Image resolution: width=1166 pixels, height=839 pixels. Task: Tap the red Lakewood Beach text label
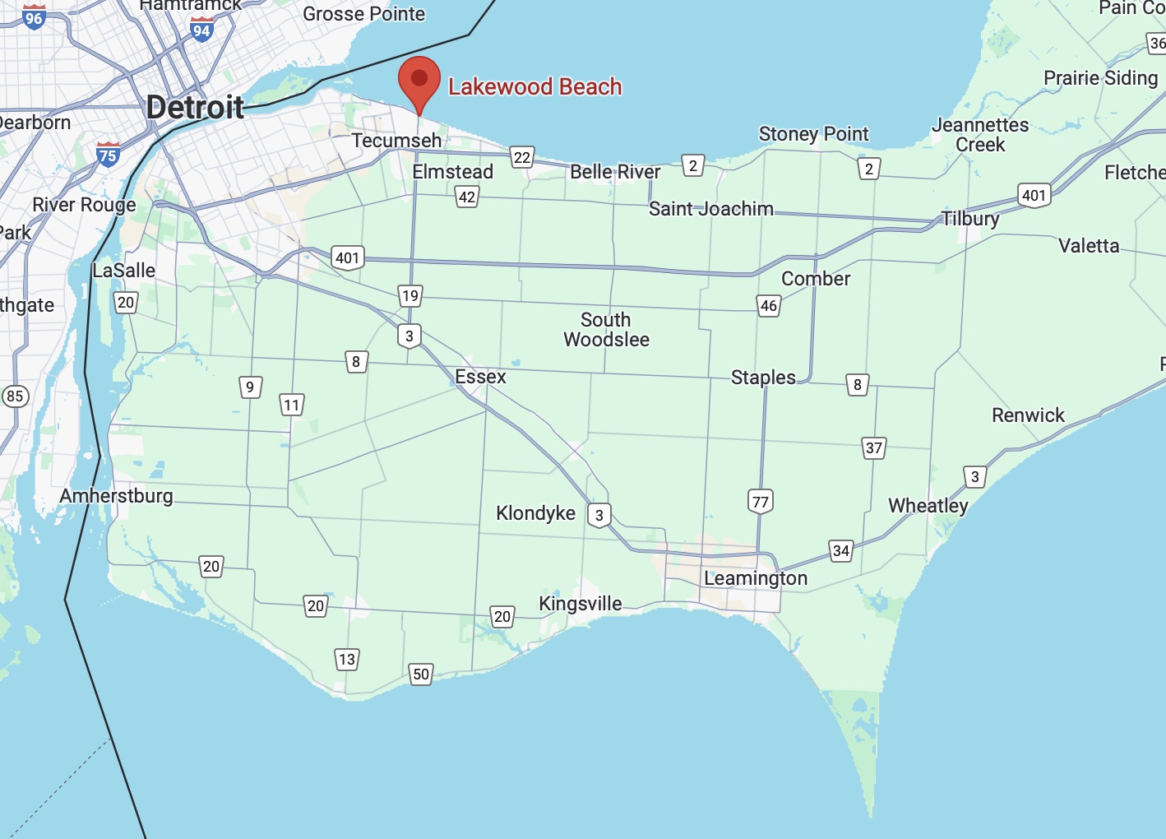534,86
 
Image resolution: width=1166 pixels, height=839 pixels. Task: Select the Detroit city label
195,107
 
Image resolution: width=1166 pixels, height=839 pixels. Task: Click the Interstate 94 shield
201,30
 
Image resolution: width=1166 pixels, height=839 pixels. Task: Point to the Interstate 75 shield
108,154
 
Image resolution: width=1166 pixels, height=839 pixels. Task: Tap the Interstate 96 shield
34,17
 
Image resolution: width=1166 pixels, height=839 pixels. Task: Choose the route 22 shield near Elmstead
522,157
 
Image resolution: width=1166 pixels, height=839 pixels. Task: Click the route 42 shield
467,197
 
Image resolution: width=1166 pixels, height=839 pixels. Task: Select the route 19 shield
410,295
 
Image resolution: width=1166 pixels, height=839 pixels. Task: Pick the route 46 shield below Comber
769,306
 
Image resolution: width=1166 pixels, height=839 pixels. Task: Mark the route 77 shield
761,502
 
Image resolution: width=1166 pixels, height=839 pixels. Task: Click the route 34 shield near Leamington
840,550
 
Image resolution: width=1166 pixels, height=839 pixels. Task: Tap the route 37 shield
874,447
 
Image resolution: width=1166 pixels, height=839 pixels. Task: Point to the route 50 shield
421,674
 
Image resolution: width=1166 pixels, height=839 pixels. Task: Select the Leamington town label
755,578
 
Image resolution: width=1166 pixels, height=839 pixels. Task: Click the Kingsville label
580,604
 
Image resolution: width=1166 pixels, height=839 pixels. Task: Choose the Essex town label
480,377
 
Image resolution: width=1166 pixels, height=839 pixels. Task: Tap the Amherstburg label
116,496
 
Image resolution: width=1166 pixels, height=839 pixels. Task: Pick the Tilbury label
970,219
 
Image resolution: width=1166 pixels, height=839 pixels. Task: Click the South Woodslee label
606,330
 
